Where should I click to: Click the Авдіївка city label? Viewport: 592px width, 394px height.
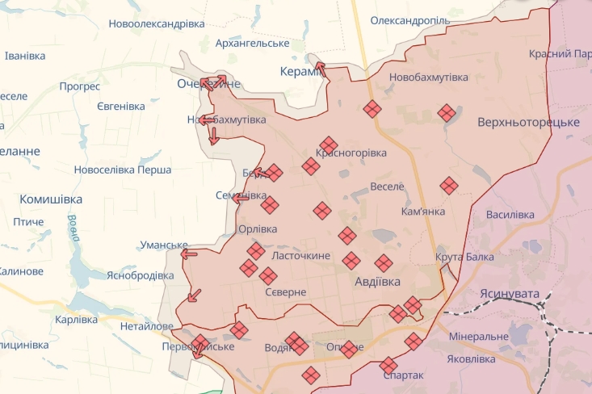pos(378,282)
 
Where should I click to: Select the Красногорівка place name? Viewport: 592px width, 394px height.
pos(351,153)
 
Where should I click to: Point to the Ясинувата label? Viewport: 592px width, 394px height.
pos(508,294)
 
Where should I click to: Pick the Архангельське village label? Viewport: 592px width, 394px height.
pos(252,43)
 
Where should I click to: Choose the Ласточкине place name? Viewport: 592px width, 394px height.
pos(302,255)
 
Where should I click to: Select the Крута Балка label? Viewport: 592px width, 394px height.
pos(464,257)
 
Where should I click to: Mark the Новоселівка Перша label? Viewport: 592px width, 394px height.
pos(122,170)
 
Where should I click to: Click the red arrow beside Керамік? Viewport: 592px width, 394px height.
pos(320,69)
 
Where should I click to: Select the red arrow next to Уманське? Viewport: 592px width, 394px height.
pos(189,254)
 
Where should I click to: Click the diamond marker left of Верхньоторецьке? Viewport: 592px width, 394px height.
pos(447,113)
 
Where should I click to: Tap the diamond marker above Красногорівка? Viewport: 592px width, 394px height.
pos(328,145)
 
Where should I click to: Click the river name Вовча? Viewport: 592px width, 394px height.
pos(73,228)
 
